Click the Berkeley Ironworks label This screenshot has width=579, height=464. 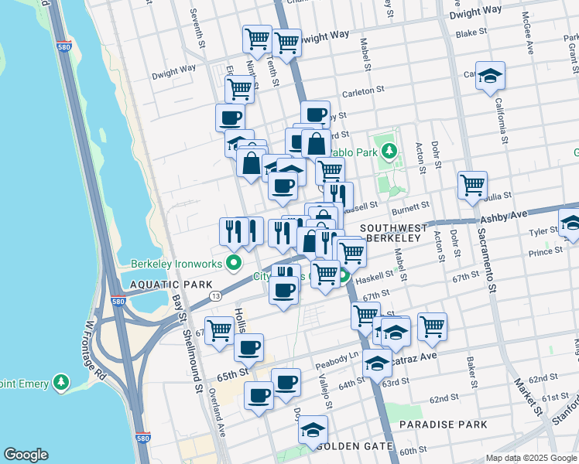[x=178, y=263]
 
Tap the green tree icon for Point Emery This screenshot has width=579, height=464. [x=60, y=383]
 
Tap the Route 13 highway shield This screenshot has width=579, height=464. [x=216, y=296]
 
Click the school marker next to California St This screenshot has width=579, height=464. [x=490, y=76]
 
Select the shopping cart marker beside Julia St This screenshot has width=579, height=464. [x=472, y=186]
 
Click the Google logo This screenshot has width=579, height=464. [x=26, y=455]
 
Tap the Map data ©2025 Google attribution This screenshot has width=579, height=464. [x=530, y=458]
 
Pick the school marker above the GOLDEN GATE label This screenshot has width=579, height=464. [x=313, y=429]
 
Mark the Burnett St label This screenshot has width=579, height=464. [x=410, y=207]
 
